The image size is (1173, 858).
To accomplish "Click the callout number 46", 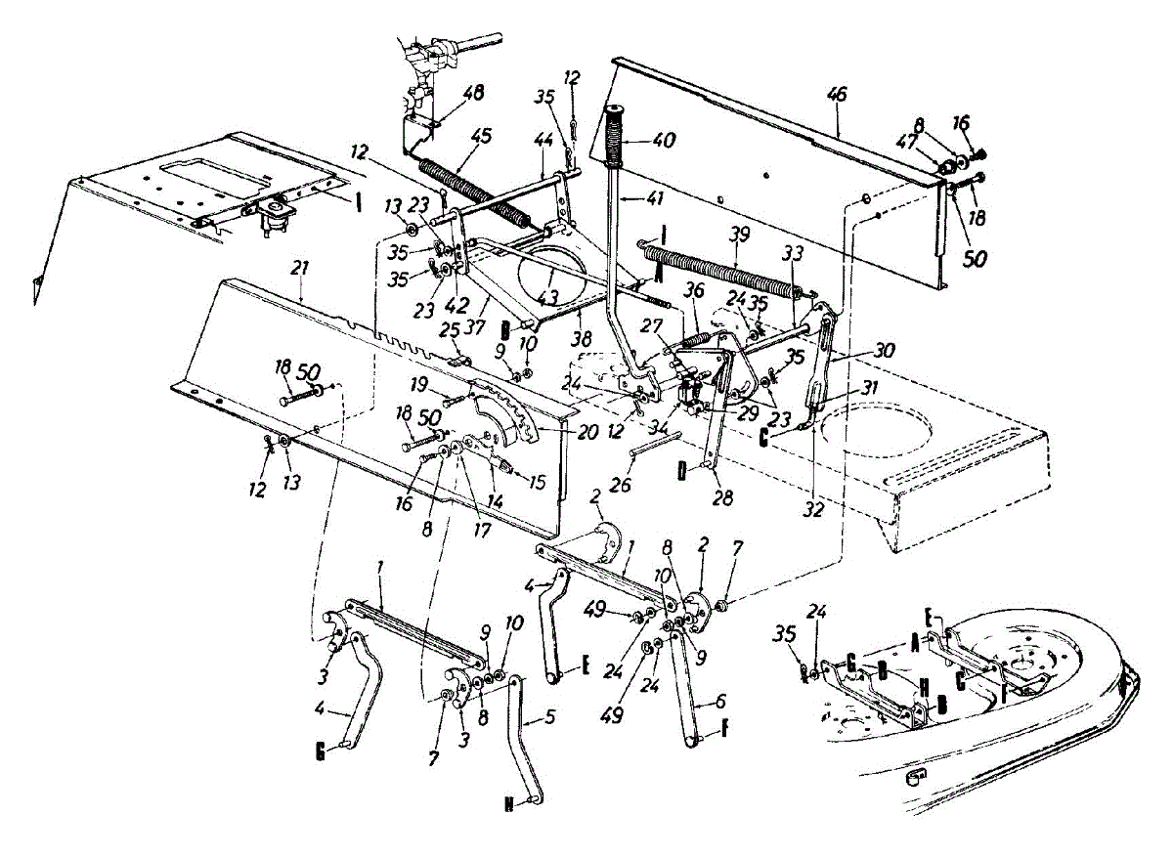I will pyautogui.click(x=837, y=95).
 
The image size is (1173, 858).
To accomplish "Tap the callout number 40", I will pyautogui.click(x=662, y=140).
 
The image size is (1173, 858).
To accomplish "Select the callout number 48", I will pyautogui.click(x=474, y=94).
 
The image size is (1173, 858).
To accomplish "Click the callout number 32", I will pyautogui.click(x=813, y=509).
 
